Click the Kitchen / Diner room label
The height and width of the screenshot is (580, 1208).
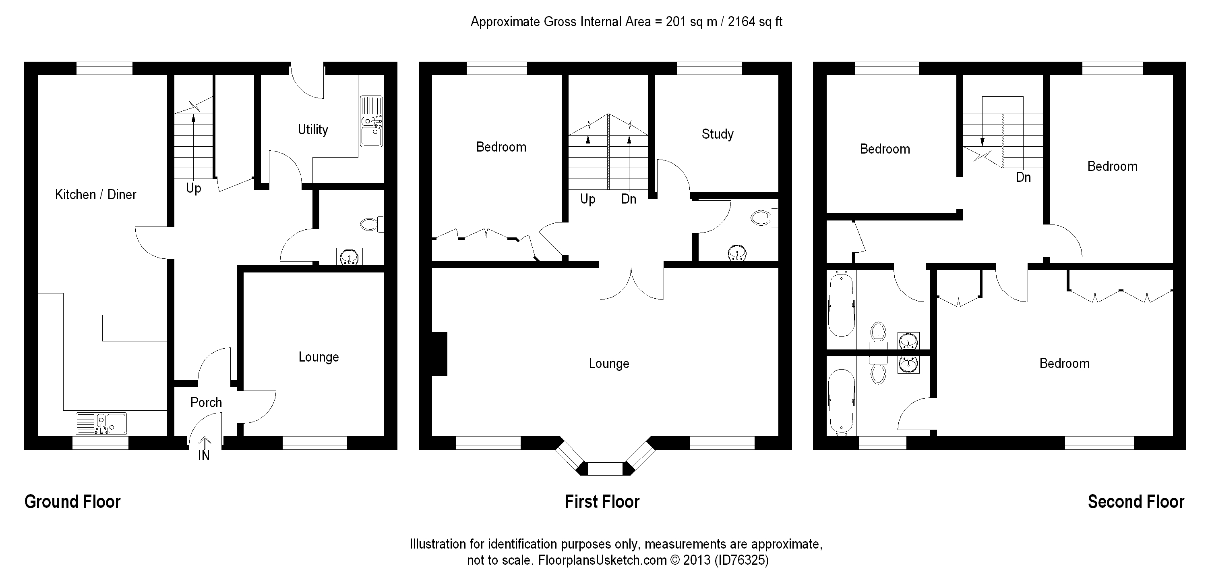click(x=96, y=194)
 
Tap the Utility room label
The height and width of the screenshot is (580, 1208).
click(x=313, y=129)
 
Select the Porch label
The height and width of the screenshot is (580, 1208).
click(x=206, y=402)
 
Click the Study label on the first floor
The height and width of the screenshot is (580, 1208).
click(x=717, y=134)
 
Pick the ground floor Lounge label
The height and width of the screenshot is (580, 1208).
click(x=319, y=357)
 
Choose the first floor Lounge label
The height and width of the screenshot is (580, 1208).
click(x=609, y=364)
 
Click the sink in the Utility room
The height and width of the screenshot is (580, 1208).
click(x=371, y=122)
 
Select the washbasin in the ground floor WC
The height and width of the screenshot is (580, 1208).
click(x=350, y=257)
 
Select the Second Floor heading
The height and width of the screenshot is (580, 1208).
click(x=1136, y=502)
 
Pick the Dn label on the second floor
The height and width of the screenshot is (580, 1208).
click(x=1023, y=177)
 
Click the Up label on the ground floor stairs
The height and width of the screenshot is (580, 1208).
click(x=193, y=188)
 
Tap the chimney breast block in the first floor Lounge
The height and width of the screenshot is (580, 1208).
click(x=439, y=354)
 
